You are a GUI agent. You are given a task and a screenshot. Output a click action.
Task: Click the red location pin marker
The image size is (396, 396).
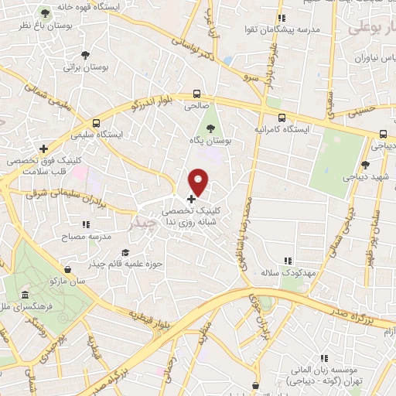[x=199, y=183]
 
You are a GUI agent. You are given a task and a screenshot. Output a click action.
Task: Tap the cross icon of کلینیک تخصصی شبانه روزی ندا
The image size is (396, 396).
[x=191, y=200]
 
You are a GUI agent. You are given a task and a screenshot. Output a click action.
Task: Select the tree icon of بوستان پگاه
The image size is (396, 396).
[x=210, y=128]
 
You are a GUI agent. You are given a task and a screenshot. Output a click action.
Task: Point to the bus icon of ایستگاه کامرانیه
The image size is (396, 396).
[x=281, y=117]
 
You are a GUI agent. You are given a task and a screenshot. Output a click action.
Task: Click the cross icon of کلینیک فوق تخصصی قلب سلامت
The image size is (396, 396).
[x=44, y=148]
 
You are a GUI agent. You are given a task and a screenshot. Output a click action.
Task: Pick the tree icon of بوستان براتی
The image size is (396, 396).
[x=85, y=55]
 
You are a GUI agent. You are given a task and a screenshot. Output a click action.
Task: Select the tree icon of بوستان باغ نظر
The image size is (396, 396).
[x=45, y=14]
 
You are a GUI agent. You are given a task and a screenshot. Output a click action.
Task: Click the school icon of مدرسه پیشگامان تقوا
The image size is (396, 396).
[x=282, y=17]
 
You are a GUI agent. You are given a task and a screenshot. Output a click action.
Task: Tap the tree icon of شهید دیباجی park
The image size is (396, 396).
[x=365, y=164]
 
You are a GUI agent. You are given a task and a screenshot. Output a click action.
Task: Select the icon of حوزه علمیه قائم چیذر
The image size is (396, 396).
[x=125, y=252]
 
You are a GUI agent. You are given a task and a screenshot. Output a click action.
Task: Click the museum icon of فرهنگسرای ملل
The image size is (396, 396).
[x=26, y=296]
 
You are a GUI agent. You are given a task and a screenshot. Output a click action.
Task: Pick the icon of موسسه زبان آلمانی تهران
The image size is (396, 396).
[x=324, y=357]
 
